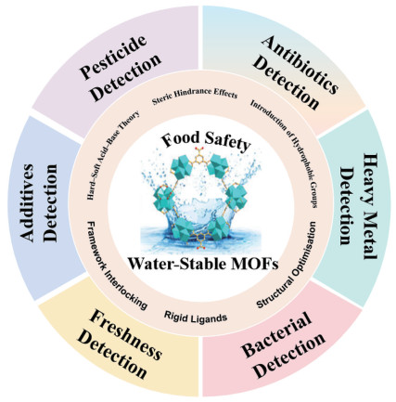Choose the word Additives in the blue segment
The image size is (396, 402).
(27, 202)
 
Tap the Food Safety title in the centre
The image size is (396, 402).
(206, 142)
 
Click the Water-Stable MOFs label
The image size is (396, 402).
(203, 264)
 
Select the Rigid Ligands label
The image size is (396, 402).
(196, 317)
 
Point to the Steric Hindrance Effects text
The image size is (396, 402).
(195, 96)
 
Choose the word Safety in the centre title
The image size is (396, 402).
(229, 143)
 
